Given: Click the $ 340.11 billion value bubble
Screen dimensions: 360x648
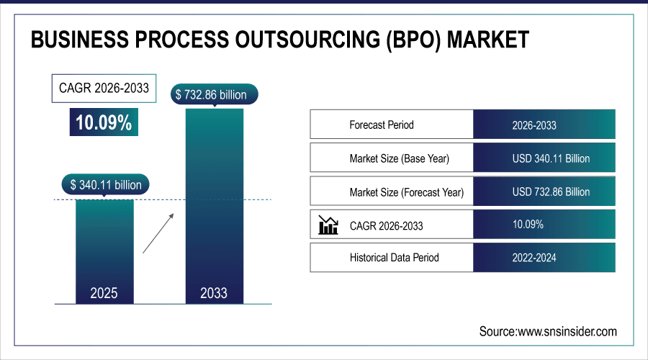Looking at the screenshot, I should (x=105, y=184).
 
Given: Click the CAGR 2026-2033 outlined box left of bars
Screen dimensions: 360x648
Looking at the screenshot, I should (x=104, y=89).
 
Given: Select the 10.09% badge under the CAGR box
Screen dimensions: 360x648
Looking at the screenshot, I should (x=104, y=122).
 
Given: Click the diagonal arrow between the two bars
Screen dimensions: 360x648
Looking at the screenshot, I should (x=158, y=233).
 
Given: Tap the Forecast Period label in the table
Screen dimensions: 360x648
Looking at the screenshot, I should (x=382, y=125).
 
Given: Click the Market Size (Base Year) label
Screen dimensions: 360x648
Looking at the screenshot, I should (x=403, y=158).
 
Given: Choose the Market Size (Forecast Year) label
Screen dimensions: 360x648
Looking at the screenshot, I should (x=406, y=192).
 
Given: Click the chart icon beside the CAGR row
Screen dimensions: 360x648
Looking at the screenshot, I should (x=328, y=225).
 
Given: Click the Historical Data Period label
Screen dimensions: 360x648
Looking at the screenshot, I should (x=394, y=257).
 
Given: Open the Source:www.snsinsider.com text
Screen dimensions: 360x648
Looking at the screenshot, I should (x=548, y=331).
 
